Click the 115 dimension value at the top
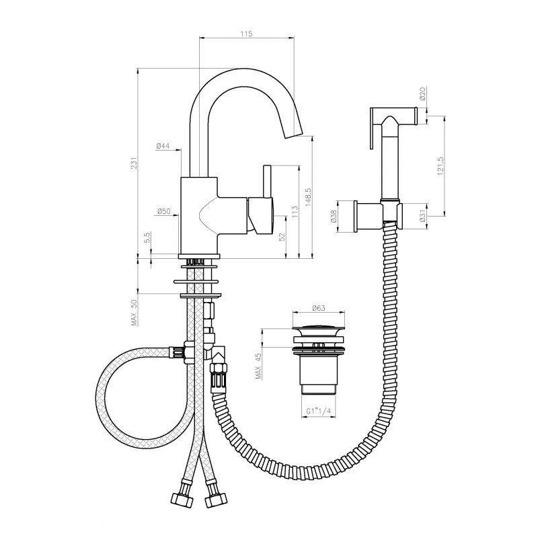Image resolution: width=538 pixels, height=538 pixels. [x=246, y=34]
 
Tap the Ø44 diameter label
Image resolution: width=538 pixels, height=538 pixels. [x=163, y=146]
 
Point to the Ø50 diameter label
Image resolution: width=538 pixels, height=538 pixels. [x=163, y=212]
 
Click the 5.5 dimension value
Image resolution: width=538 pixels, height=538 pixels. [x=147, y=237]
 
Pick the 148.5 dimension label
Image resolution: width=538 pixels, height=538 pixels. [x=308, y=196]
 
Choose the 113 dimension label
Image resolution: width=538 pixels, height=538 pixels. [x=295, y=212]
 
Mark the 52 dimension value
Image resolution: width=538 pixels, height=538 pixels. [x=282, y=237]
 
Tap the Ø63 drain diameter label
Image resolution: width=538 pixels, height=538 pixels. [x=318, y=308]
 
